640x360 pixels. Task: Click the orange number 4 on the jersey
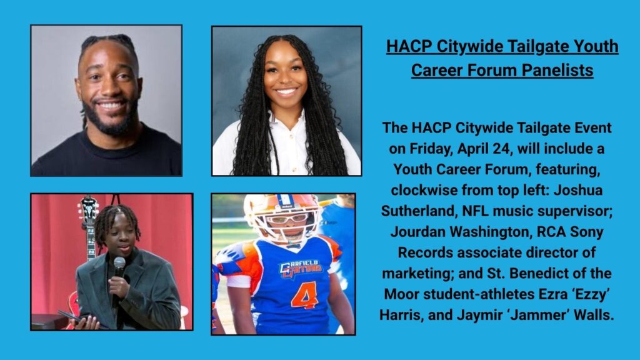click(306, 294)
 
